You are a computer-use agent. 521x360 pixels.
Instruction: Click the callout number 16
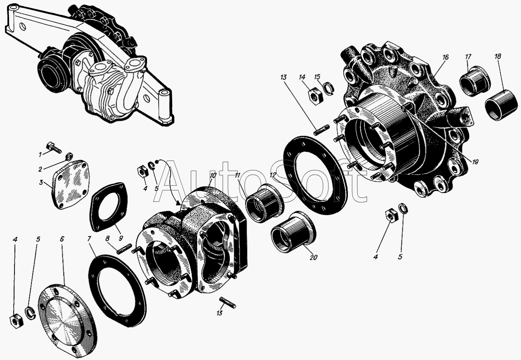pos(445,57)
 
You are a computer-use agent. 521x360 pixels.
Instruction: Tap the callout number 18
pos(498,57)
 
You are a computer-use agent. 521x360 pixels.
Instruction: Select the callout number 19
pos(475,162)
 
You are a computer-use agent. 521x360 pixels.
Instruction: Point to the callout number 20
pos(313,257)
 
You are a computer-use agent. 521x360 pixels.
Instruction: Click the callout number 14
pos(302,77)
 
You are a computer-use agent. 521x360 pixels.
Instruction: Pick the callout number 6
pos(62,239)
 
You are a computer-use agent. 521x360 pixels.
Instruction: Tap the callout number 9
pos(121,238)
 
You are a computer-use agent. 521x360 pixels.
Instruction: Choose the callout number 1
pos(40,154)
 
